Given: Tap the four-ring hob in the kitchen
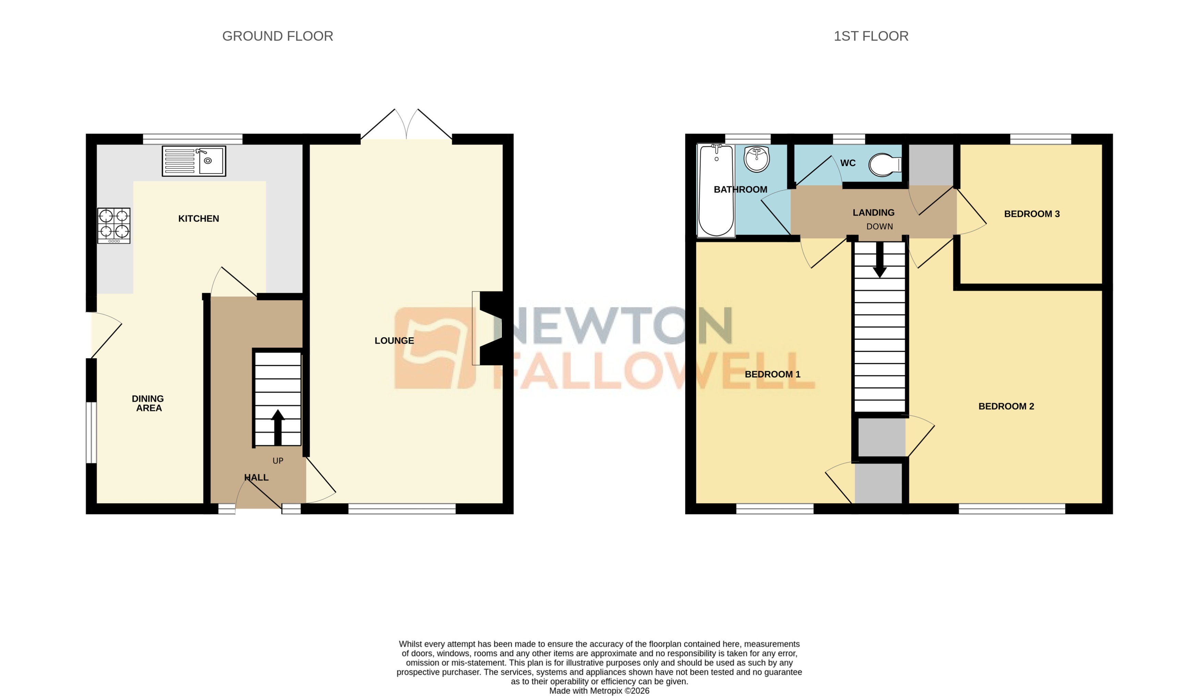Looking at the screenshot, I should [x=114, y=225].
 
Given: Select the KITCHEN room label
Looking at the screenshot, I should [x=198, y=219].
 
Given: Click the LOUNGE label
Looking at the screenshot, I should [x=394, y=340].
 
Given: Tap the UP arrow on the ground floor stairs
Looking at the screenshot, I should [x=277, y=427].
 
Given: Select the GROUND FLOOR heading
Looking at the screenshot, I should [x=277, y=36].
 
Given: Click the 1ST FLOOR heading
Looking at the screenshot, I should [x=871, y=36].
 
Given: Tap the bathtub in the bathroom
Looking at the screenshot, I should [x=716, y=190].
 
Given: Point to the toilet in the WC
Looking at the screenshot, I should [x=885, y=165].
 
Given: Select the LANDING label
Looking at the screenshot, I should [x=873, y=213].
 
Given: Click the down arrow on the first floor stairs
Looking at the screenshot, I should [x=879, y=261].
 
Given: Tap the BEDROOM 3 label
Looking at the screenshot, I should [x=1031, y=214].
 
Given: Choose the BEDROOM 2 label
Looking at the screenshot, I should [x=1006, y=406].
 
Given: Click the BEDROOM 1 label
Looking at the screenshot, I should [x=772, y=374].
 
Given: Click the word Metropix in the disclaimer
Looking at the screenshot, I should [x=606, y=691].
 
